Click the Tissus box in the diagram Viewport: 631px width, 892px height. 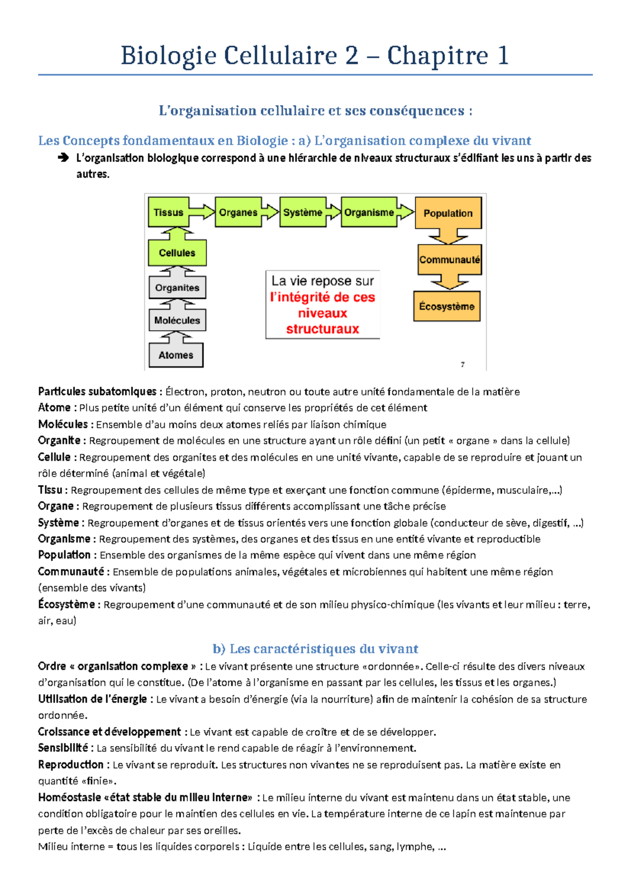pos(168,212)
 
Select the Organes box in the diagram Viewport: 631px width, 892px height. pos(238,212)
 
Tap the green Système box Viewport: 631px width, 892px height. pos(302,212)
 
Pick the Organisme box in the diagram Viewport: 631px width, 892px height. pos(369,212)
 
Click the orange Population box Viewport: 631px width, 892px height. pos(448,213)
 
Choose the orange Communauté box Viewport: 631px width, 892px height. pos(450,259)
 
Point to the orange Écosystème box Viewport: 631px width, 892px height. pos(447,306)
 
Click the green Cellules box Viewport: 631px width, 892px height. pos(177,253)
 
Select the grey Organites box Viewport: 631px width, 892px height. pos(177,288)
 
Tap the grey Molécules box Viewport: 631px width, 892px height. pos(177,320)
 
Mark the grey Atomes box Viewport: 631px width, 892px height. pos(176,355)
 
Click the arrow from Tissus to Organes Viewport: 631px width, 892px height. pos(202,212)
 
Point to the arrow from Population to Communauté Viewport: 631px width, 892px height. pos(448,236)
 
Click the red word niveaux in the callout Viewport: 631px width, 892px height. pos(322,313)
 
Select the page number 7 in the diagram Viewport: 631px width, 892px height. pos(463,364)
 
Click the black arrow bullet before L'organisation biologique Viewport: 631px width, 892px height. pos(63,158)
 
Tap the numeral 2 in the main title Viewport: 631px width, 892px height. pos(351,56)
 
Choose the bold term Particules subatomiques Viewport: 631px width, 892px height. pos(97,392)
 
